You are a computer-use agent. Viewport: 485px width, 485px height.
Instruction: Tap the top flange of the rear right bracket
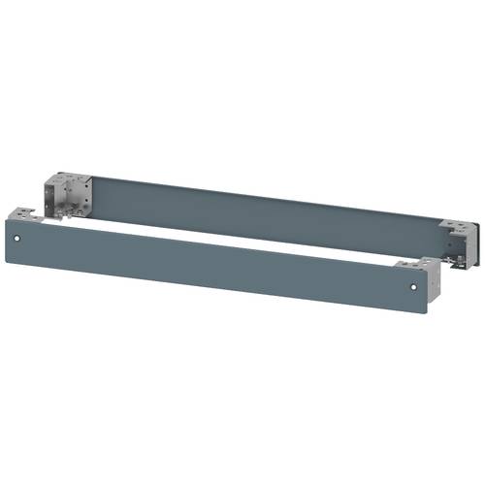(454, 224)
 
